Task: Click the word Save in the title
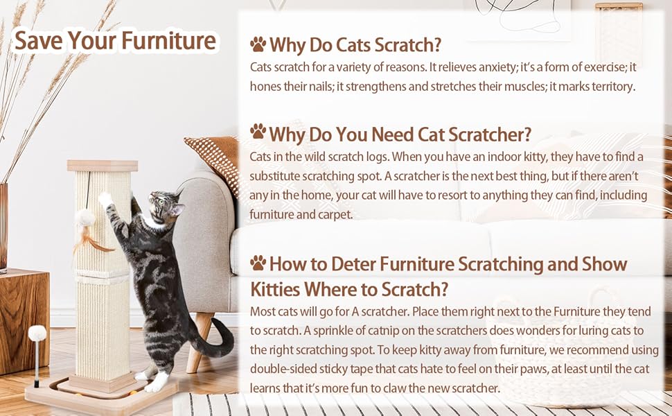pos(35,40)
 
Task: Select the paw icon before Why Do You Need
pos(258,132)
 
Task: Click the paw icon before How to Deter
pos(258,263)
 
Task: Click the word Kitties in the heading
pos(276,288)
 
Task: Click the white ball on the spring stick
pos(37,333)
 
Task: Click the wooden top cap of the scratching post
pos(103,166)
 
